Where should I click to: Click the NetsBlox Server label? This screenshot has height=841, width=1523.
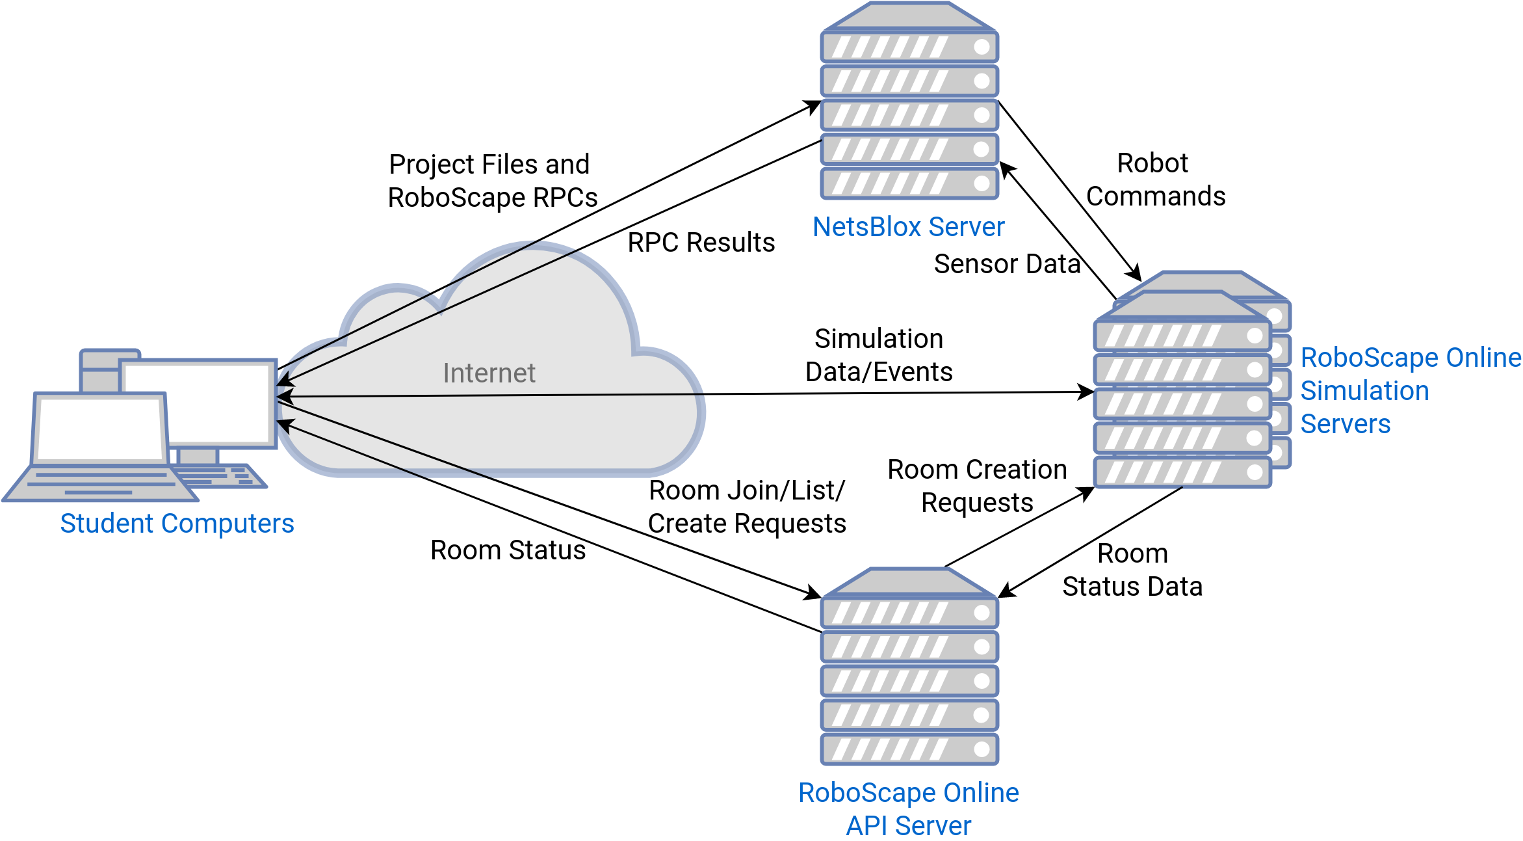[x=908, y=227]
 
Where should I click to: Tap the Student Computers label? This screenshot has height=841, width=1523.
[x=177, y=524]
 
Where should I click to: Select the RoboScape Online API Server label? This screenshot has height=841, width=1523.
[x=908, y=809]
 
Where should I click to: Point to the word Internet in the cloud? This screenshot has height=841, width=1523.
[x=489, y=373]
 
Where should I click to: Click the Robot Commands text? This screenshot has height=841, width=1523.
[x=1155, y=180]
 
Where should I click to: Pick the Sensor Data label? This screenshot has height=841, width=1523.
[x=1007, y=264]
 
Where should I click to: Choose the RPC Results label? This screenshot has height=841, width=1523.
[x=701, y=243]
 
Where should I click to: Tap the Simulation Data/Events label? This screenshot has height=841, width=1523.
[x=879, y=355]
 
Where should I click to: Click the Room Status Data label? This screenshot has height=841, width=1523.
[x=1132, y=570]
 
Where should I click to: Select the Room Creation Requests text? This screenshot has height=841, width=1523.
[x=977, y=486]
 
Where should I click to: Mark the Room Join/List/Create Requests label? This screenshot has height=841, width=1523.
[x=747, y=507]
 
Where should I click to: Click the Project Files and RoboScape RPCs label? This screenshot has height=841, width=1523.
[x=491, y=181]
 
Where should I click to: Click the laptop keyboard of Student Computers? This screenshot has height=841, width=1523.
[x=101, y=483]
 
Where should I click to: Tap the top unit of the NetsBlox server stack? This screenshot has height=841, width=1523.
[x=909, y=47]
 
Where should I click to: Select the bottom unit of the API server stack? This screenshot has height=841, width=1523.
[x=909, y=749]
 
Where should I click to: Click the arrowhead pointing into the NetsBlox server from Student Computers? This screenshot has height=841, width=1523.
[x=813, y=105]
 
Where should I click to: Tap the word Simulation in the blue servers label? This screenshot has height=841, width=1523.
[x=1364, y=391]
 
